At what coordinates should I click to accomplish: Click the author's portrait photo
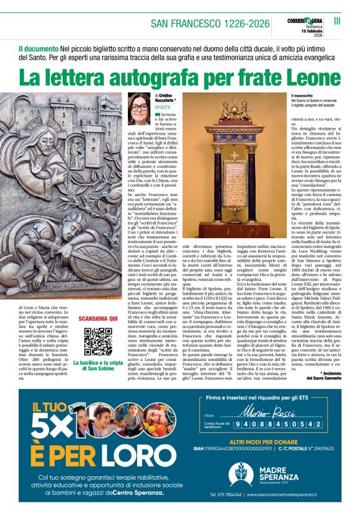(x=138, y=109)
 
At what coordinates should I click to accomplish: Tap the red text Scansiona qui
(x=99, y=318)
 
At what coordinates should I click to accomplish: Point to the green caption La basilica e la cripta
(x=99, y=363)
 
